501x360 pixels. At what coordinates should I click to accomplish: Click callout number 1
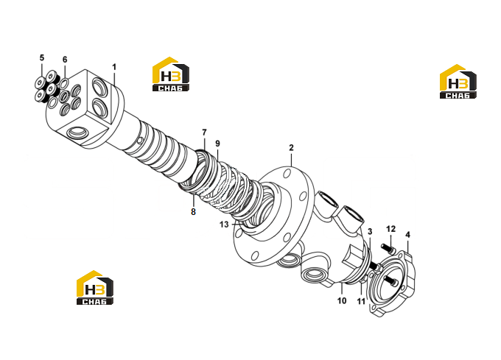pyautogui.click(x=114, y=67)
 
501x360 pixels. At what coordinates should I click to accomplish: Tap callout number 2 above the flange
pyautogui.click(x=291, y=148)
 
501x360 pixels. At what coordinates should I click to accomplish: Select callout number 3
pyautogui.click(x=370, y=232)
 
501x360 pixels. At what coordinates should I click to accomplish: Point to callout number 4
pyautogui.click(x=407, y=235)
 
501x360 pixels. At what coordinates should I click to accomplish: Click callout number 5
pyautogui.click(x=42, y=57)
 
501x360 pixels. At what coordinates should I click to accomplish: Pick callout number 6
pyautogui.click(x=65, y=60)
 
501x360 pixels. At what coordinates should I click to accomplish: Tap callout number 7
pyautogui.click(x=204, y=132)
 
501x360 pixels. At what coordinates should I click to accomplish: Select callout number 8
pyautogui.click(x=193, y=211)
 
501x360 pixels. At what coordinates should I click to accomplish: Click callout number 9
pyautogui.click(x=217, y=144)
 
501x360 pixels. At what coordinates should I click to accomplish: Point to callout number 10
pyautogui.click(x=342, y=300)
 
